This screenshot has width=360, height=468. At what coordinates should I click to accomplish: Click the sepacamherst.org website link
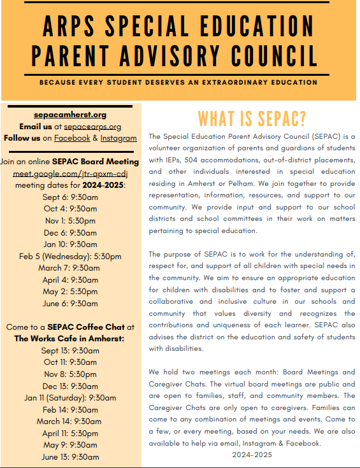(x=70, y=115)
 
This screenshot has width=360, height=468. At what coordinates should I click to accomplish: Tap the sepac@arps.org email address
(x=92, y=127)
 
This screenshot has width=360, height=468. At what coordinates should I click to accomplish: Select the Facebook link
(x=72, y=138)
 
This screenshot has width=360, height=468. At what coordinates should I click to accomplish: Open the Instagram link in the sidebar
(x=119, y=138)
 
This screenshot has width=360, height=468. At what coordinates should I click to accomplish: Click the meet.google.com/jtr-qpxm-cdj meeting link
(x=70, y=173)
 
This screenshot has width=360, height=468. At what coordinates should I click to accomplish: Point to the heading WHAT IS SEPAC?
(x=252, y=118)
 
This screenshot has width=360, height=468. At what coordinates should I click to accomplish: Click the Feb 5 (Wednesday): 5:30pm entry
(x=70, y=256)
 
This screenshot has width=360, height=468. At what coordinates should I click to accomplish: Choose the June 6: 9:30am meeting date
(x=70, y=304)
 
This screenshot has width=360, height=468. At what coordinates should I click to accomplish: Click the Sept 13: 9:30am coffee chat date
(x=70, y=350)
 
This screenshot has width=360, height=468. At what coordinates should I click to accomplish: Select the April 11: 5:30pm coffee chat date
(x=70, y=434)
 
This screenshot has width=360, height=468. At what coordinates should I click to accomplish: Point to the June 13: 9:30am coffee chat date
(x=70, y=457)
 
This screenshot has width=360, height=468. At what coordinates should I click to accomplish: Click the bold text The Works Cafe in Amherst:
(x=70, y=338)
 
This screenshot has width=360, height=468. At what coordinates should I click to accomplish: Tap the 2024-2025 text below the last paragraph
(x=252, y=455)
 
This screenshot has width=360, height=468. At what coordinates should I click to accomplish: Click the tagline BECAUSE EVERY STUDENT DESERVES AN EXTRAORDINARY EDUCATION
(x=178, y=83)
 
